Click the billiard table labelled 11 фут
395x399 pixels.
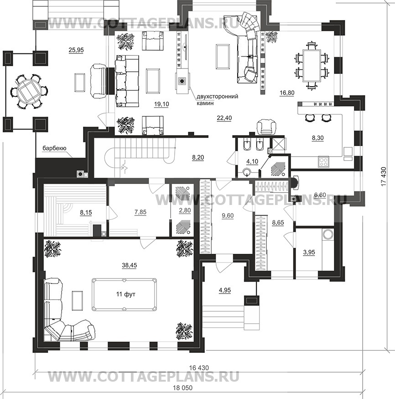(125, 294)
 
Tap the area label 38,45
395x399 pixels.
(130, 265)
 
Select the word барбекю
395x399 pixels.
(54, 148)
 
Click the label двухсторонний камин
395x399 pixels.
(217, 100)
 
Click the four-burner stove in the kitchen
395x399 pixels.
(323, 162)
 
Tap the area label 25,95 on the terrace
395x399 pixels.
(76, 50)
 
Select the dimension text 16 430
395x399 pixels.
(199, 367)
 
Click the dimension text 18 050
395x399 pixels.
(182, 388)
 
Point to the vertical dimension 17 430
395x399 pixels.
(384, 176)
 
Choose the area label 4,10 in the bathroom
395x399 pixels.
(252, 161)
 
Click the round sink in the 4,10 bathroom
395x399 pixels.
(247, 172)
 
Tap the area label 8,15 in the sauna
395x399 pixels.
(86, 212)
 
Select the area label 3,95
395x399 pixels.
(309, 252)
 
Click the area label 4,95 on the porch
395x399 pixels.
(225, 290)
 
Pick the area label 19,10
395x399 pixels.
(161, 104)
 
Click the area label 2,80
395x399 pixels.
(185, 211)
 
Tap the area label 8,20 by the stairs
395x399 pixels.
(198, 158)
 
